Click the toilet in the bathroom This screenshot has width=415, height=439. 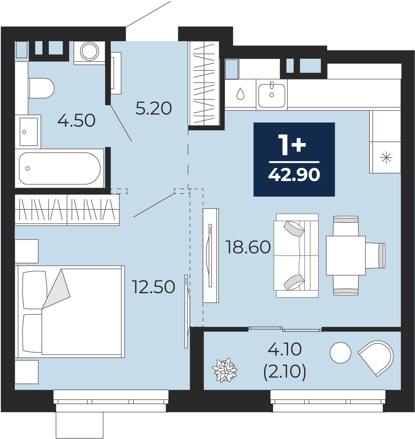[41, 88]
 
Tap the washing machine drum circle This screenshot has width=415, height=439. [89, 51]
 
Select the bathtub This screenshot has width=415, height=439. [59, 168]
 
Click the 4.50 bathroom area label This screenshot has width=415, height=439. [76, 121]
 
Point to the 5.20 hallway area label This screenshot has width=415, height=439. [154, 108]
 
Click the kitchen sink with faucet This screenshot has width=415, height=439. [272, 95]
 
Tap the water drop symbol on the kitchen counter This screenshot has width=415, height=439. [240, 94]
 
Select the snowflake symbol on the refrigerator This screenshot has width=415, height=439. [386, 158]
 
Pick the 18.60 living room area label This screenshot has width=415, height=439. [248, 247]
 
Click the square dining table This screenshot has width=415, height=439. [346, 255]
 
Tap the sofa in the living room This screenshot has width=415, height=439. [296, 255]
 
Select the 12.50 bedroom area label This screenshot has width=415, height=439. [153, 287]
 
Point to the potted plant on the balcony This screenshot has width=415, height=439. [225, 370]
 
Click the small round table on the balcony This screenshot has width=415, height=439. [340, 353]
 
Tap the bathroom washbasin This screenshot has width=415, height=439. [28, 132]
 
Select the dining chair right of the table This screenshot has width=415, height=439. [375, 255]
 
